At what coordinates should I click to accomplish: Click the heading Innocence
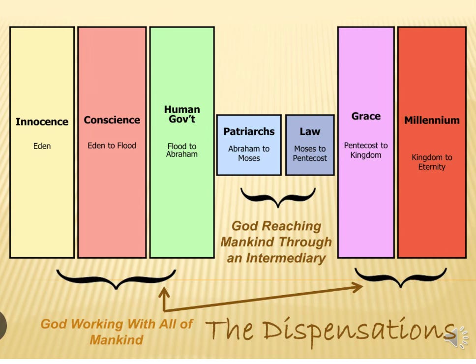pos(42,121)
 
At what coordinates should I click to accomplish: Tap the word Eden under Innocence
pos(42,146)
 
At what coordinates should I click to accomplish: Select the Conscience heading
pos(112,120)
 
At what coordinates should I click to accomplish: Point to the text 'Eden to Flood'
pos(112,146)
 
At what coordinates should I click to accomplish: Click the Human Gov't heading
pos(182,114)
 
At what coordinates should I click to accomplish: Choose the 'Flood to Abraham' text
pos(182,150)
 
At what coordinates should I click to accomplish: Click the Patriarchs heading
pos(249,131)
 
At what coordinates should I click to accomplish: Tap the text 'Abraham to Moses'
pos(249,153)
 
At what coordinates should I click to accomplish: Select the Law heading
pos(310,131)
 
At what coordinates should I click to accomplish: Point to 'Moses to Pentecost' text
pos(310,153)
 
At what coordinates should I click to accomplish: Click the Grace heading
pos(366,117)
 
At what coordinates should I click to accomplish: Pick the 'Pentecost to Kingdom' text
pos(366,150)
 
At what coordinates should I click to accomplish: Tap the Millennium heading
pos(432,120)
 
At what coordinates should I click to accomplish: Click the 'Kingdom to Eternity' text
pos(432,162)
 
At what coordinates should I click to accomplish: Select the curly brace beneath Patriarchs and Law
pos(278,197)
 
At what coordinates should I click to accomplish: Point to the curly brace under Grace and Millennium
pos(401,278)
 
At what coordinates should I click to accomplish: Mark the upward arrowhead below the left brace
pos(164,293)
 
